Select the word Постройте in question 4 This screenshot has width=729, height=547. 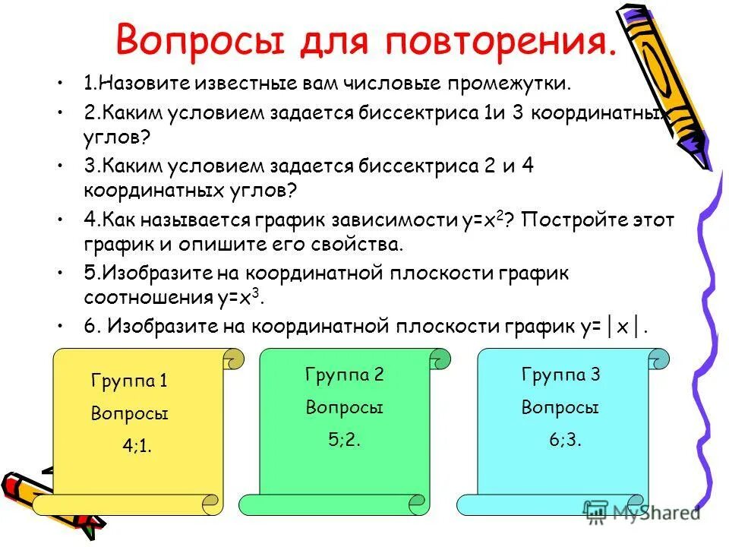(565, 221)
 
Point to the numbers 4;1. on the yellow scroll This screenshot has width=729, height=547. (137, 446)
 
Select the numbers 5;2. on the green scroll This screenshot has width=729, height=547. (344, 439)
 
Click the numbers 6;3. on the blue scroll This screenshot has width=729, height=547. (565, 439)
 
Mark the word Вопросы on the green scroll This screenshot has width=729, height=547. (344, 407)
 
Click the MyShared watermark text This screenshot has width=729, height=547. (656, 513)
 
